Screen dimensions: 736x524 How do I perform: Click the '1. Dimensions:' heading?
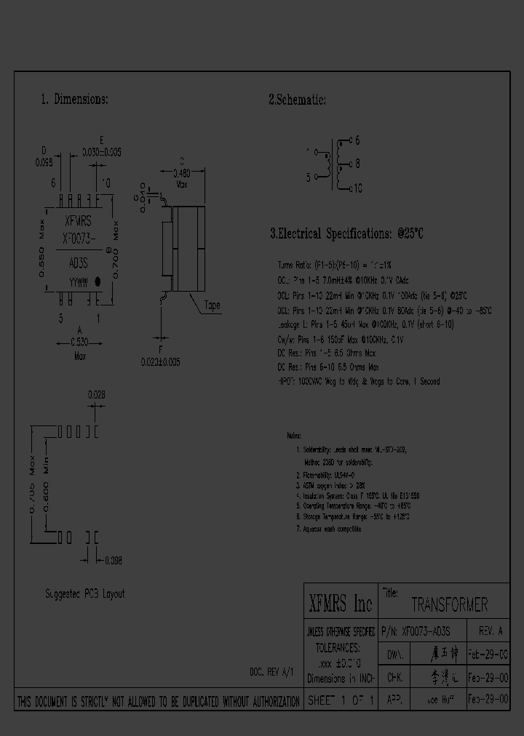pos(74,100)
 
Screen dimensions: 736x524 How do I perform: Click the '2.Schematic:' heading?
pos(297,100)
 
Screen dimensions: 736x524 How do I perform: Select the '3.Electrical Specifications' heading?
pos(346,234)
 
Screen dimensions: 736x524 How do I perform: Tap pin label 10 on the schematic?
pos(357,188)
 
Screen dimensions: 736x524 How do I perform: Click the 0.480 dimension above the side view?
pos(181,173)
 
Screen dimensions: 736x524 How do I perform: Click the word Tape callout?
pos(212,305)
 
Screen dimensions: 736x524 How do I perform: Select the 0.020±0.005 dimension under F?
pos(160,361)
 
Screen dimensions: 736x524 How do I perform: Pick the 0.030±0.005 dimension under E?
pos(101,151)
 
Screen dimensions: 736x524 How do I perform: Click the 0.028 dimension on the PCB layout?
pos(96,394)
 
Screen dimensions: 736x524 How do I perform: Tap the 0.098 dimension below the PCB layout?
pos(113,560)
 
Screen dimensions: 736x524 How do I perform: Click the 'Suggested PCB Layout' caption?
pos(84,593)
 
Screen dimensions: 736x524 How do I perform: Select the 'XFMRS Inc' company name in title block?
pos(340,604)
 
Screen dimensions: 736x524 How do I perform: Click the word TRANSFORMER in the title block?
pos(449,605)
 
